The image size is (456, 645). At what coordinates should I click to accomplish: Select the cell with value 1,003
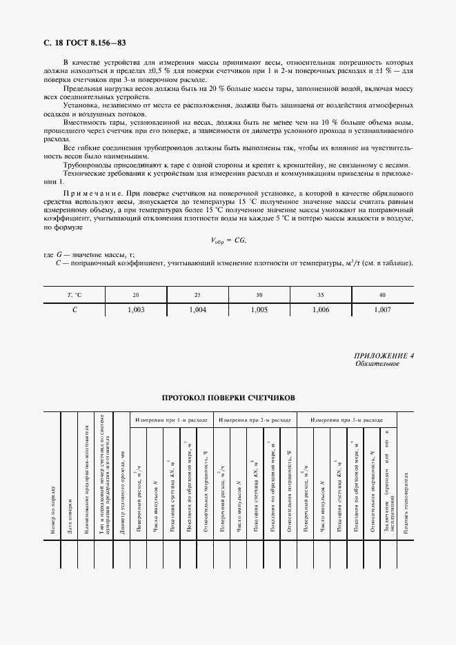pyautogui.click(x=137, y=310)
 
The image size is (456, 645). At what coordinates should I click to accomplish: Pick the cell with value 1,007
pyautogui.click(x=381, y=310)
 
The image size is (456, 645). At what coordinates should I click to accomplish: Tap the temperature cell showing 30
pyautogui.click(x=259, y=294)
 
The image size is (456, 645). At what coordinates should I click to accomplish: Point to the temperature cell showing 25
pyautogui.click(x=197, y=294)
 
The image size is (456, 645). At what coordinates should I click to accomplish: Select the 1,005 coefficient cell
pyautogui.click(x=259, y=310)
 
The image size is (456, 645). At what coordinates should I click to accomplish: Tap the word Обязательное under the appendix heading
pyautogui.click(x=377, y=364)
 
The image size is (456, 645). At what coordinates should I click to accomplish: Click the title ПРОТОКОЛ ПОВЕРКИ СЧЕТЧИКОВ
pyautogui.click(x=228, y=398)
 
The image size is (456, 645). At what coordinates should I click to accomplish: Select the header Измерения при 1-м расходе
pyautogui.click(x=171, y=420)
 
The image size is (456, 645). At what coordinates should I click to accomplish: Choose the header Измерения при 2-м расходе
pyautogui.click(x=255, y=420)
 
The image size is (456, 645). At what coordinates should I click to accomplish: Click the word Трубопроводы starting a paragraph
pyautogui.click(x=84, y=165)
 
